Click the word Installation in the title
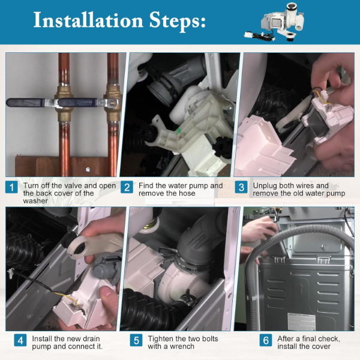[88, 20]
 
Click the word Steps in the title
[177, 22]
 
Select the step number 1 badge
[11, 187]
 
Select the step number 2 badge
[127, 187]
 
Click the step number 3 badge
[241, 187]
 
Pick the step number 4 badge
[20, 340]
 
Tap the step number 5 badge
[136, 340]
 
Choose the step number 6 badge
[266, 340]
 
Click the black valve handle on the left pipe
[31, 103]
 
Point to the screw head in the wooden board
[88, 170]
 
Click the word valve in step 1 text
[74, 185]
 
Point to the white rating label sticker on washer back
[301, 321]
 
